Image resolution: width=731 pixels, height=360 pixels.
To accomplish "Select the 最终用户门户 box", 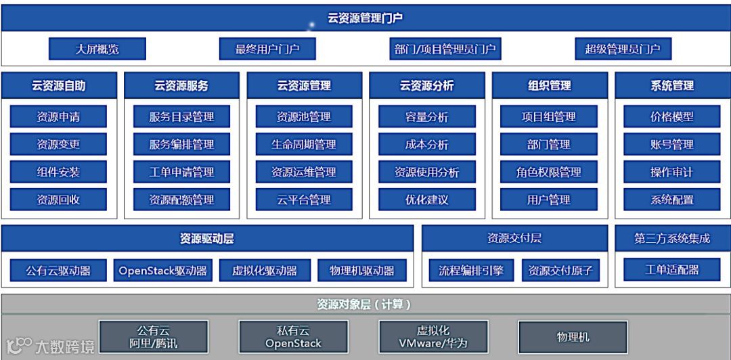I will coord(267,49).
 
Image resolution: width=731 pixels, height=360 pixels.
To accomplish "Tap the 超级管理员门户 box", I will coord(623,49).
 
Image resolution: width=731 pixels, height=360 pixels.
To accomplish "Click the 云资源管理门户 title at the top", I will coord(365,18).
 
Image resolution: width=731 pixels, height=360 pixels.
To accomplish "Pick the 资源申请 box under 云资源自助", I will coord(58,117).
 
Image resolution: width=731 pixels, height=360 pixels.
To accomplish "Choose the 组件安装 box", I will coord(58,172).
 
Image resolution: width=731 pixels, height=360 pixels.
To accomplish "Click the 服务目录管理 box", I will coord(181,117).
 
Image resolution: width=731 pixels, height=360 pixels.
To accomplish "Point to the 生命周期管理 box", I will coord(304,144).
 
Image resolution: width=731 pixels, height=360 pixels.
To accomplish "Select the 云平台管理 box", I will coord(304,200).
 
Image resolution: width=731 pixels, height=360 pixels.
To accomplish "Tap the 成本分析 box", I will coord(426,144).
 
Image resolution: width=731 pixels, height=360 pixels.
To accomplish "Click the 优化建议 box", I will coord(426,200).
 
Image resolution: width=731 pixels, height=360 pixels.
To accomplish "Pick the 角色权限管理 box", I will coord(549,172).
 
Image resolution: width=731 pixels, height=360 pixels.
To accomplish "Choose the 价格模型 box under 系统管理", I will coord(671,117).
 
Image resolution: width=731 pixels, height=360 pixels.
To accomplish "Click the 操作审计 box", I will coord(671,172).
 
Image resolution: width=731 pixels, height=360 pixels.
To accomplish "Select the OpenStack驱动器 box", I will coord(163,271).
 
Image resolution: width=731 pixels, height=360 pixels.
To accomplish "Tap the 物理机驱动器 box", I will coord(362,271).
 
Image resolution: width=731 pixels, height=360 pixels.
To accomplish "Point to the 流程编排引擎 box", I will coord(472,271).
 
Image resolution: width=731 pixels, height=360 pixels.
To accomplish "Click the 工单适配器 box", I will coord(671,269).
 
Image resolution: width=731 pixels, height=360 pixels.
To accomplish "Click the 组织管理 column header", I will coord(549,86).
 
